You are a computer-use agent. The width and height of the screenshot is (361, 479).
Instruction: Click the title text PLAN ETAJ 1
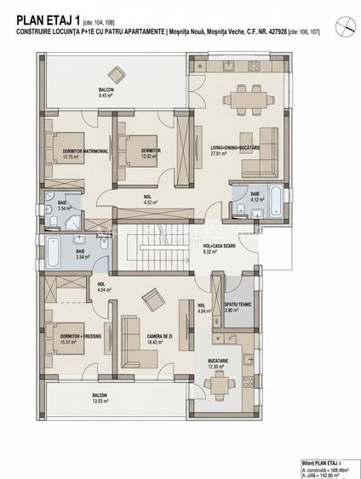(x=42, y=11)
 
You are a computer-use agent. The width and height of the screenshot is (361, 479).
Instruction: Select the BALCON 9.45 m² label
(x=106, y=92)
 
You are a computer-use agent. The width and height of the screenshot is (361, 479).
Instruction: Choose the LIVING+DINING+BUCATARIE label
(x=235, y=151)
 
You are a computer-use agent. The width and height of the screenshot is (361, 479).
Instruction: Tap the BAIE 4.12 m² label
(x=255, y=197)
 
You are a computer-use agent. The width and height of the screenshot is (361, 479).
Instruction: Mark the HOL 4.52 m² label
(x=147, y=200)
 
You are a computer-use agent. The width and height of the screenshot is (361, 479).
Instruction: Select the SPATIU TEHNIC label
(x=236, y=307)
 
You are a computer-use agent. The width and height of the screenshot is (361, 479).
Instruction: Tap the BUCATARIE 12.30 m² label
(x=218, y=363)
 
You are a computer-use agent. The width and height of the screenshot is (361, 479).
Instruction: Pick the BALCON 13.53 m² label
(x=100, y=398)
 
